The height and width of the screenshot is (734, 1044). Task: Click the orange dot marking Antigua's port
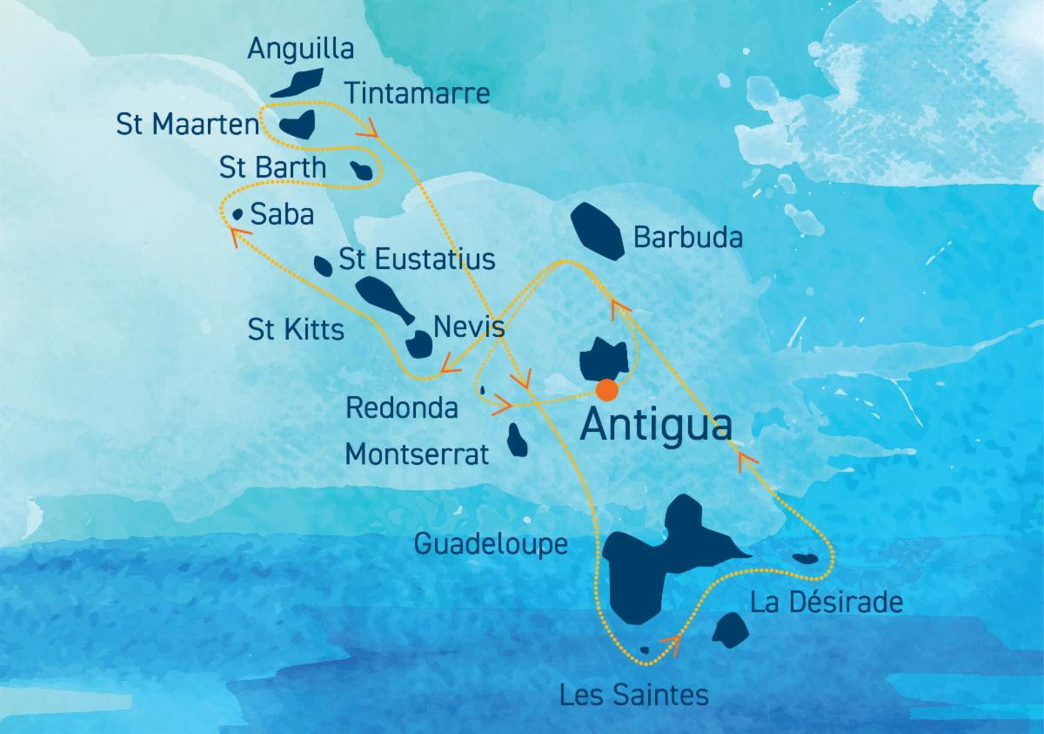tap(607, 389)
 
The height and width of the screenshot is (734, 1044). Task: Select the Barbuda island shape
tap(596, 231)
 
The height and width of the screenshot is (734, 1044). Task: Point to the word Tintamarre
tap(418, 93)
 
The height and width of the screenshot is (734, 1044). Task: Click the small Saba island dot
tap(238, 213)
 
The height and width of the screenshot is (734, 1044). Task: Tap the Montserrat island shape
tap(519, 440)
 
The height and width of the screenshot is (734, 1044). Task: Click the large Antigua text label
tap(654, 427)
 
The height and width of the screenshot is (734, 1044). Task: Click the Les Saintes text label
tap(634, 695)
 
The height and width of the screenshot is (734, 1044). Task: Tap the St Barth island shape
tap(364, 172)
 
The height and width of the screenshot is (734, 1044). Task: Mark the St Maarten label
tap(188, 125)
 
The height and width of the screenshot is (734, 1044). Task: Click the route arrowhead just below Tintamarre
tap(369, 130)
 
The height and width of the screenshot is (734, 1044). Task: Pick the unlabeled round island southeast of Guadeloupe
tap(729, 630)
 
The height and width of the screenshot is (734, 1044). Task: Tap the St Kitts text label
tap(296, 330)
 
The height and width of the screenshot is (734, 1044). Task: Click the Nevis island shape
tap(420, 344)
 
